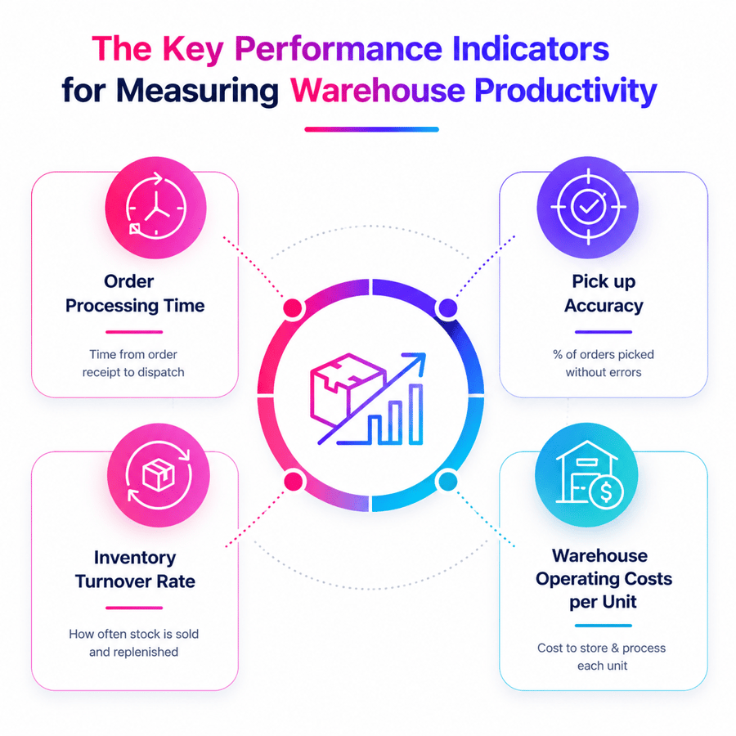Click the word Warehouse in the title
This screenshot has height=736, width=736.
click(x=377, y=90)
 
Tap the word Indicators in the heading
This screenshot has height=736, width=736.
click(x=531, y=48)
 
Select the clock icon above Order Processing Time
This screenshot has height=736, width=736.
click(x=156, y=207)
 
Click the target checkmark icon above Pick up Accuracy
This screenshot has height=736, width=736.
click(x=588, y=207)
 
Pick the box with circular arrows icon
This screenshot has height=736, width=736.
click(x=159, y=475)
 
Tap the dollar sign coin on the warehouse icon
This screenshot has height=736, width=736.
click(x=606, y=491)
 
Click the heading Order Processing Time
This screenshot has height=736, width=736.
click(x=135, y=294)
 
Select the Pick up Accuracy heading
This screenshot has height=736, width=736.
click(x=604, y=294)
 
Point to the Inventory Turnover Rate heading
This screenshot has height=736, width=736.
click(x=135, y=569)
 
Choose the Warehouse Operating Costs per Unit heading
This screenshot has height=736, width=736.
click(x=604, y=579)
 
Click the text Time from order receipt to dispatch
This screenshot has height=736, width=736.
click(x=133, y=363)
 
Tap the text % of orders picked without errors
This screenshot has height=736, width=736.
click(x=604, y=363)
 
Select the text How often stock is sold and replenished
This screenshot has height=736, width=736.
click(x=134, y=643)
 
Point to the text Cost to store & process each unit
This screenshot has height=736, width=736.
click(x=602, y=657)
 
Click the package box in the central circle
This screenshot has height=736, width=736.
click(x=348, y=389)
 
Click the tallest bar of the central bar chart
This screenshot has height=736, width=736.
click(x=415, y=414)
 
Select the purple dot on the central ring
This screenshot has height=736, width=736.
click(x=448, y=308)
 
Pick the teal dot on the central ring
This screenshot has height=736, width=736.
click(x=447, y=481)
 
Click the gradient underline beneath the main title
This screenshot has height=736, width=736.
click(x=372, y=129)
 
